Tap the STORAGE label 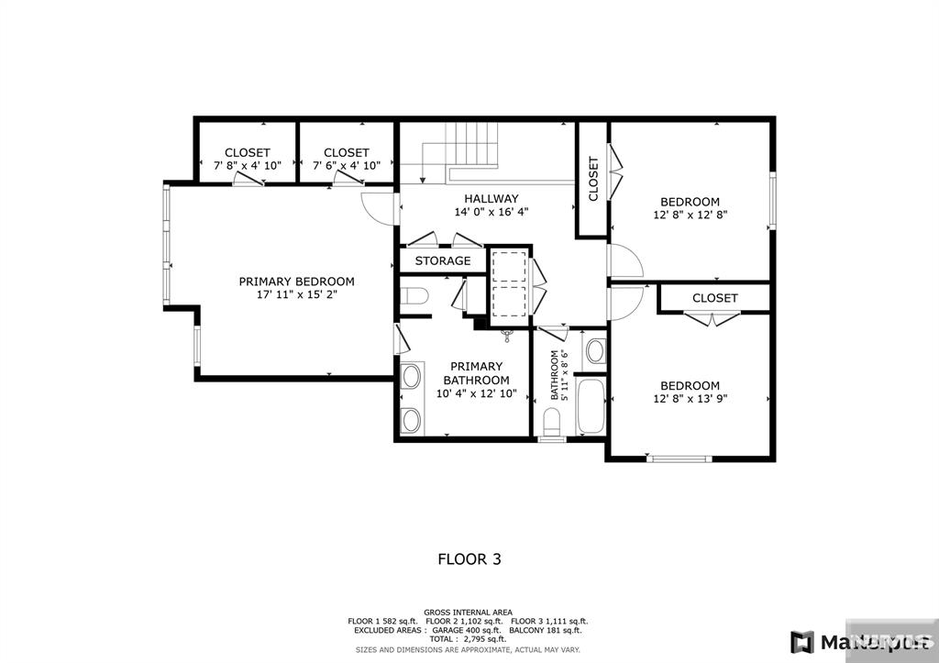tap(442, 261)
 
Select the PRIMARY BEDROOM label tap(296, 282)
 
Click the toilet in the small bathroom tap(552, 422)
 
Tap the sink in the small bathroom tap(594, 349)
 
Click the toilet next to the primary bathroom tap(414, 297)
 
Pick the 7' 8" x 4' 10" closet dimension tap(247, 166)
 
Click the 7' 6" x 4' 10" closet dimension tap(347, 166)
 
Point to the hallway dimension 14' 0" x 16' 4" tap(491, 212)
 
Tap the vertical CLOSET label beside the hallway tap(592, 179)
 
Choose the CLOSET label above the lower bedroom tap(714, 298)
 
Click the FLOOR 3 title tap(469, 558)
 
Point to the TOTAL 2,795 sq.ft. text tap(468, 640)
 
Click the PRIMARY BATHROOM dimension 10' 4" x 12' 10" tap(476, 394)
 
